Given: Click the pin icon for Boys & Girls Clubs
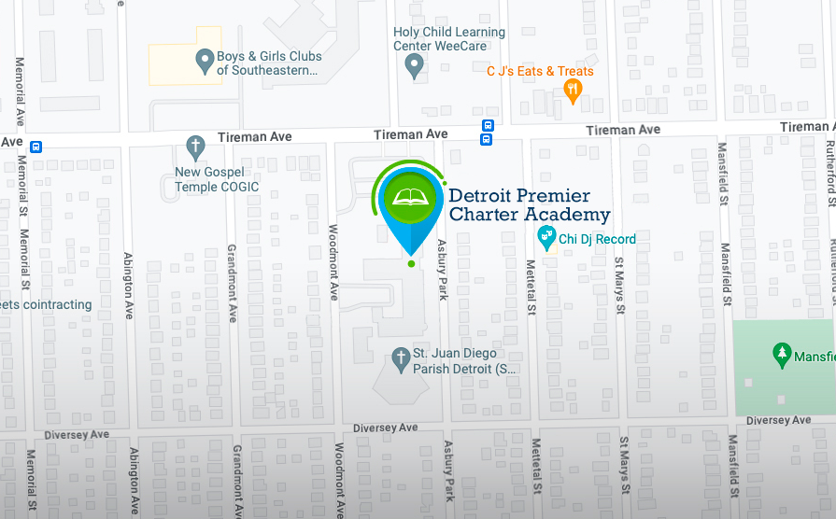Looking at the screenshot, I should [205, 63].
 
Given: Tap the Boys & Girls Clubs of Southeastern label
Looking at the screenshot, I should [269, 63].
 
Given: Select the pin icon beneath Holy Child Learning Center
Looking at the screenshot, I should [416, 65].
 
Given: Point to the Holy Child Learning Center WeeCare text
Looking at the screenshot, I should [449, 38].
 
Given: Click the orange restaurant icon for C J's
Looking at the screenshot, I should [574, 90].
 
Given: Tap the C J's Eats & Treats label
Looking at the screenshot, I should [540, 71].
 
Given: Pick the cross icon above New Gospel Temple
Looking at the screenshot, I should [195, 147].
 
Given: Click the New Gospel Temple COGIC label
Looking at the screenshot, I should [217, 179].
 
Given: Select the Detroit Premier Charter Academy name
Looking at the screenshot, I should [529, 205].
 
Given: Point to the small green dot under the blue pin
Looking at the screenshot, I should [411, 264].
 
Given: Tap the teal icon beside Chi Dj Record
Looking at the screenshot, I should [547, 240].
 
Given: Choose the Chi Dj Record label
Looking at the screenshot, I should [598, 239].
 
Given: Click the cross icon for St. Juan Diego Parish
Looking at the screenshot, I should [400, 358].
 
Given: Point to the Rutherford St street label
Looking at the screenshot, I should [830, 173].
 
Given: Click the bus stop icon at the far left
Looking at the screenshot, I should [35, 146].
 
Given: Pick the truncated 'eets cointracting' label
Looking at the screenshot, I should [45, 304].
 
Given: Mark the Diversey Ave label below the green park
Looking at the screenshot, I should [778, 421].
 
